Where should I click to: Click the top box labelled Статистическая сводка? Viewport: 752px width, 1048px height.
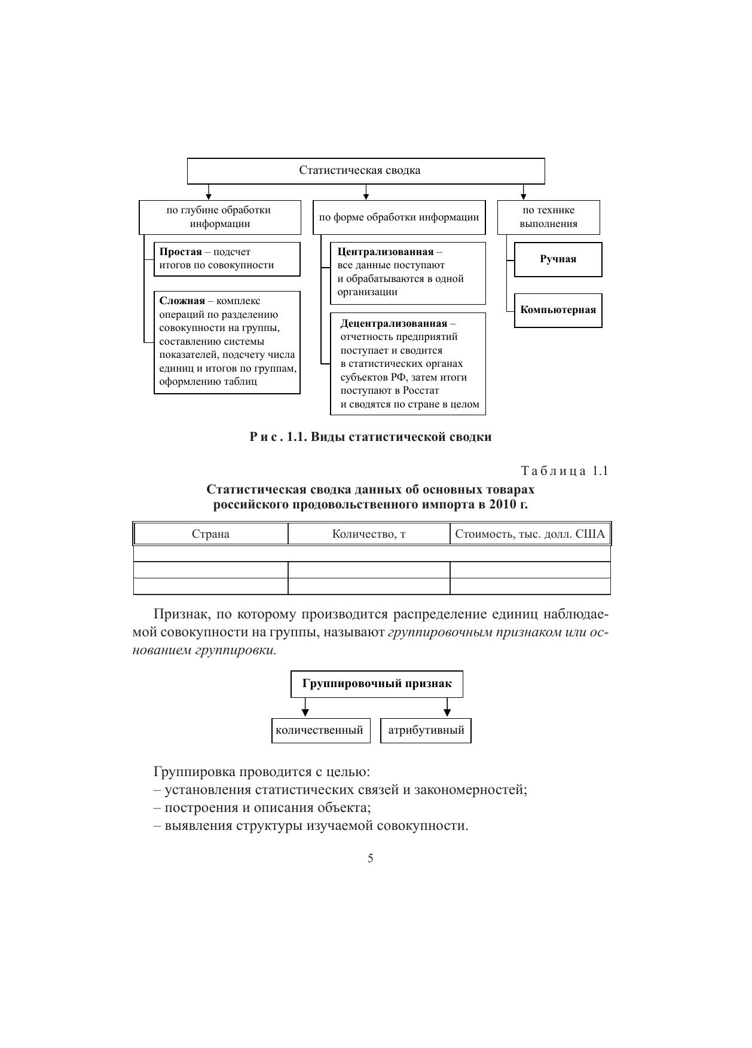(366, 171)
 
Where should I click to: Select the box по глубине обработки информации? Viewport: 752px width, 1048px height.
(220, 217)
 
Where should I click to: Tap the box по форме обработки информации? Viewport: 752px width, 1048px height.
(399, 217)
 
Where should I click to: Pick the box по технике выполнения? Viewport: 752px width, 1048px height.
(548, 217)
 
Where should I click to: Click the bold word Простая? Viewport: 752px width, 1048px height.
(181, 252)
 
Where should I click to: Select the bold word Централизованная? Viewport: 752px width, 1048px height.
(385, 252)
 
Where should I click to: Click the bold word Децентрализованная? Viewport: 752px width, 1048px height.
(393, 324)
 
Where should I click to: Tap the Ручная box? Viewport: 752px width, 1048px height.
(558, 259)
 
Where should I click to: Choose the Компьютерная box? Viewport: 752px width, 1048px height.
(558, 310)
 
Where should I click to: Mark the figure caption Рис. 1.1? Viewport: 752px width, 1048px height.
(371, 437)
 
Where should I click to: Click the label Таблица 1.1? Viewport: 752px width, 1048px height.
(564, 471)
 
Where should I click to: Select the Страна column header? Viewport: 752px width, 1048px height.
(210, 534)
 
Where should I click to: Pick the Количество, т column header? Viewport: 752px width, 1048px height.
(369, 534)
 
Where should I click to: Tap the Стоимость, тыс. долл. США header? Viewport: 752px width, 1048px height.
(530, 534)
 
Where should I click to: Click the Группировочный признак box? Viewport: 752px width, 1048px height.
(377, 684)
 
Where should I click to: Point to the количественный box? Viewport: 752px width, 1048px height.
(319, 731)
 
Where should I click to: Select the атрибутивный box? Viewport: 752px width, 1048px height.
(426, 731)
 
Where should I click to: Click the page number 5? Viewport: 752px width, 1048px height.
(371, 859)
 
